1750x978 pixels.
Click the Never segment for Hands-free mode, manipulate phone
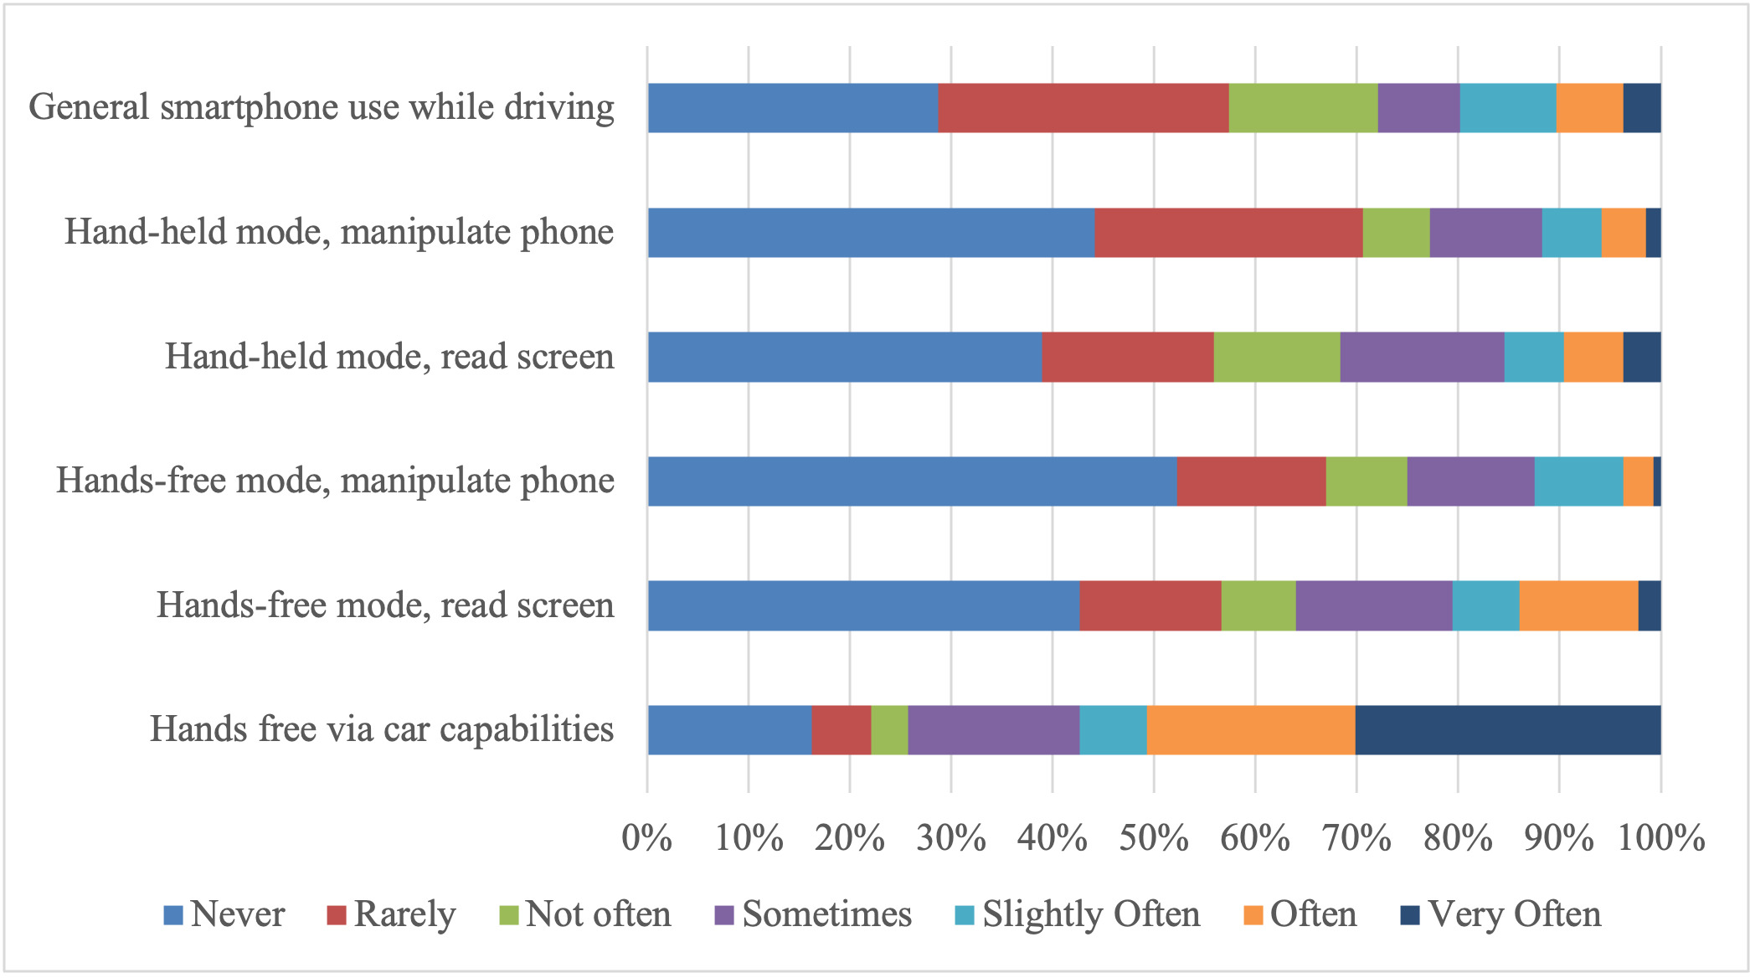tap(912, 481)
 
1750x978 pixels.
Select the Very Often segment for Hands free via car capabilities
tap(1508, 730)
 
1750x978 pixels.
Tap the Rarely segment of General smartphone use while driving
tap(1083, 108)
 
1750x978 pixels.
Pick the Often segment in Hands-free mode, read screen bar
tap(1578, 605)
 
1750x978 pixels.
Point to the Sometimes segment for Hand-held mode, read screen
tap(1422, 357)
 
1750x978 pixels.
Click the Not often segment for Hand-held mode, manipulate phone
tap(1396, 233)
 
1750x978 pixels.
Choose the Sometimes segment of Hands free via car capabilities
tap(994, 730)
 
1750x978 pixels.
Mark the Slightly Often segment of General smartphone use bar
tap(1508, 108)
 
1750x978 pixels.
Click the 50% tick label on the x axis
tap(1154, 838)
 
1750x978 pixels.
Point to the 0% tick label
tap(646, 838)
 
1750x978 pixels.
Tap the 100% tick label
tap(1661, 838)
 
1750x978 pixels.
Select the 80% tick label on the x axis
tap(1458, 838)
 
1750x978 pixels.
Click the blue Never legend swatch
tap(173, 915)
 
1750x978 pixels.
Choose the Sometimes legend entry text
tap(826, 914)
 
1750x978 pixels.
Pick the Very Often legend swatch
tap(1410, 915)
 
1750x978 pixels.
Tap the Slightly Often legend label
tap(1091, 914)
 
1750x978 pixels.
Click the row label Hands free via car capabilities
tap(382, 729)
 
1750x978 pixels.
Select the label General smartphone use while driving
tap(322, 108)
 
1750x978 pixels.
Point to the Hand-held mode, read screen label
tap(389, 357)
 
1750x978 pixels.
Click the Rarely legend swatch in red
tap(337, 915)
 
